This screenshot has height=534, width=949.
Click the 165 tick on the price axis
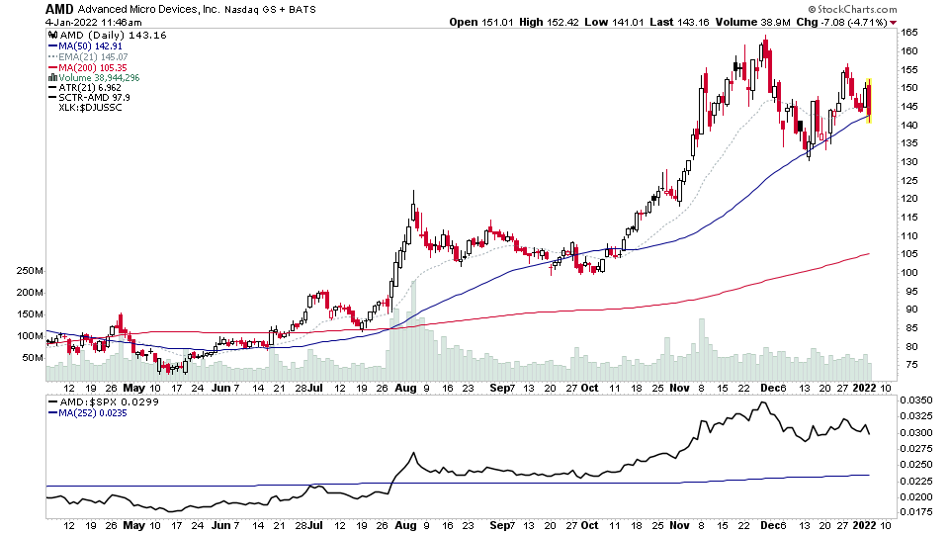[x=909, y=34]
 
